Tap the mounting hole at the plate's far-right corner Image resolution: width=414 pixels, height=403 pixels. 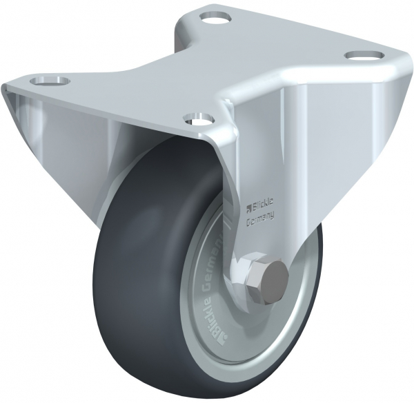coord(361,55)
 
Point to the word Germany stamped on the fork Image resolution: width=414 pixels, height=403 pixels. coord(260,216)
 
